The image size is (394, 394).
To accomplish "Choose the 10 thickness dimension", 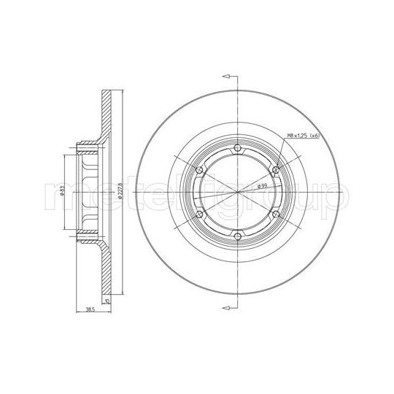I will point(107,300).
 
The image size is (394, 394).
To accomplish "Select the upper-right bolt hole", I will point(274,171).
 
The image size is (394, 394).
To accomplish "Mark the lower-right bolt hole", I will point(274,215).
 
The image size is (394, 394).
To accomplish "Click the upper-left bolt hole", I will point(199,171).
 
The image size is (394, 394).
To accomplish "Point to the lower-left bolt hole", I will point(199,215).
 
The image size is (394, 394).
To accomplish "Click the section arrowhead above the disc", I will point(226,76).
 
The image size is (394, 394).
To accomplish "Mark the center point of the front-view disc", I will point(237,193).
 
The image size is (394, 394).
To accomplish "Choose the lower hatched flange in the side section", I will point(107,270).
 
